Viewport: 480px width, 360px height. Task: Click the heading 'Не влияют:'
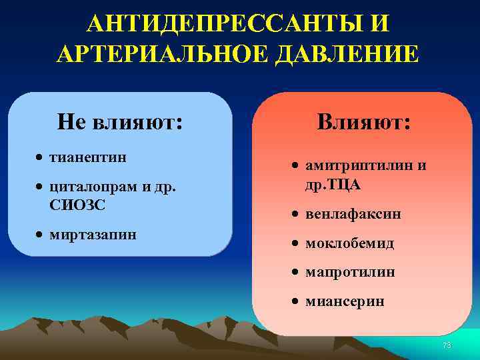pos(121,121)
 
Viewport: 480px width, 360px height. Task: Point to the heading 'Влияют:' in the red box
pos(364,121)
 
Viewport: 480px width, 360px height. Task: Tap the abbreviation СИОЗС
pos(77,203)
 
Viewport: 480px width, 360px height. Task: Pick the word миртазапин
pos(93,235)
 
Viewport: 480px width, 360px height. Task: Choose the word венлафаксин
pos(353,215)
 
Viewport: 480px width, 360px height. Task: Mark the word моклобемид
pos(349,243)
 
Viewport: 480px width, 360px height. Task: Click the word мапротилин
pos(350,272)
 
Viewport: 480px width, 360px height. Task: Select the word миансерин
pos(345,301)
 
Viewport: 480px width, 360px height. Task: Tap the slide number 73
pos(447,345)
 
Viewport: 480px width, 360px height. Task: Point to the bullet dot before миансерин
pos(295,302)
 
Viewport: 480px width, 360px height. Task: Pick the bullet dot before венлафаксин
pos(295,215)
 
